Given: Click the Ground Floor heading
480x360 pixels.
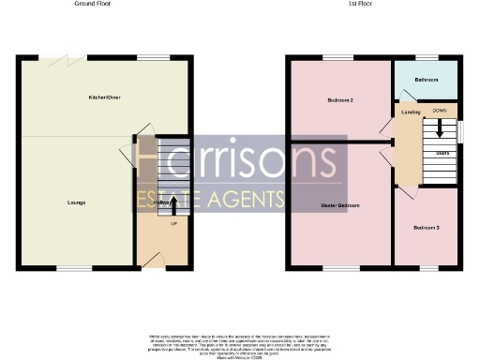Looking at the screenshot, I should [x=88, y=4].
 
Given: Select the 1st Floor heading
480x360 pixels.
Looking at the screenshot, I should [x=361, y=4].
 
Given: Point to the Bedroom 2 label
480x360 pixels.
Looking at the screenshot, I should [x=339, y=99].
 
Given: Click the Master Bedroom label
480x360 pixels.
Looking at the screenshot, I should [x=341, y=204].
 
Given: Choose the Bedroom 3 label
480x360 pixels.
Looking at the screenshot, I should [x=426, y=228].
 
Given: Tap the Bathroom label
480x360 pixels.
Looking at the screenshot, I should [x=427, y=80].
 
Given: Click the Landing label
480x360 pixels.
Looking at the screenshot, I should [x=410, y=112].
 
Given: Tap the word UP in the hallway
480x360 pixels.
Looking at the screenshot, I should [x=173, y=223].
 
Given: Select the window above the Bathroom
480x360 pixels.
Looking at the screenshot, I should [x=427, y=59].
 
